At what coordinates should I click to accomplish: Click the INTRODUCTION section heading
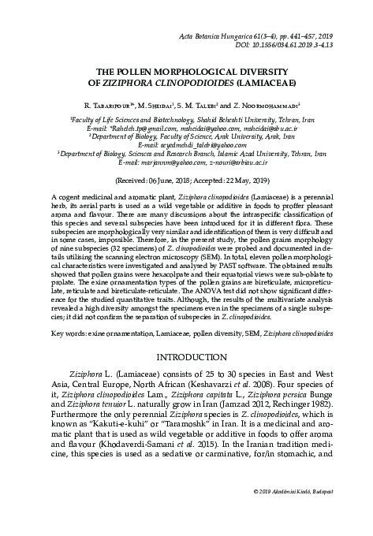[x=186, y=355]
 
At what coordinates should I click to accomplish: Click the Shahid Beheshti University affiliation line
[x=186, y=116]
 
